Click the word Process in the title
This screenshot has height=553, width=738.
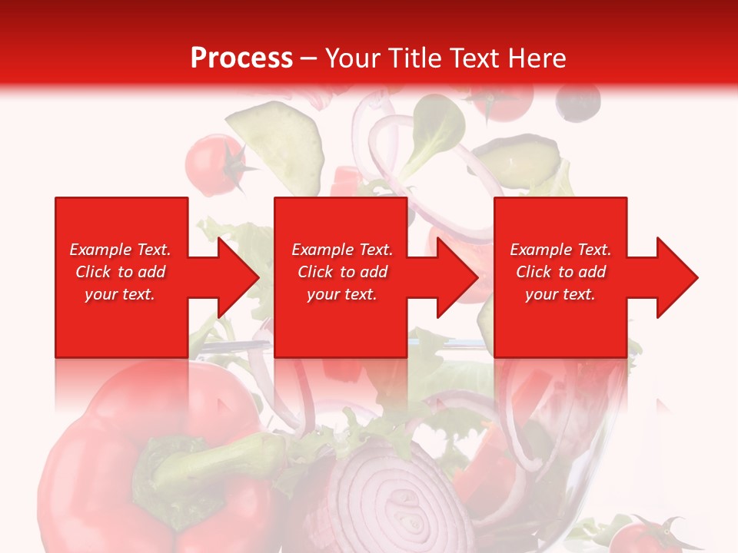241,58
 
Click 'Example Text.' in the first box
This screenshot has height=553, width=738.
120,250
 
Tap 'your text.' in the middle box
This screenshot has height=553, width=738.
342,294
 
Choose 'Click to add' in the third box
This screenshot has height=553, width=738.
560,272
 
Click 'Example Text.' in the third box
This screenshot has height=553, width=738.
560,250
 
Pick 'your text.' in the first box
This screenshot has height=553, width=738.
120,294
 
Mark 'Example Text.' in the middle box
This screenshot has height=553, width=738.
342,250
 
